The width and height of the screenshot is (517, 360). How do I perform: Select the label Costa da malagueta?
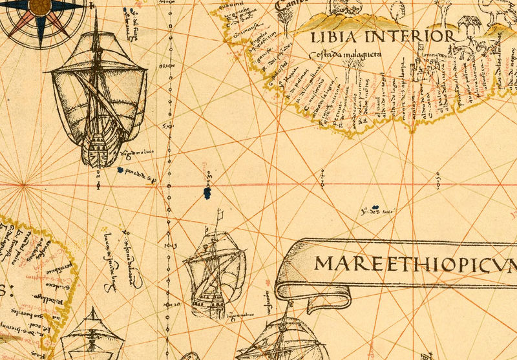point(344,56)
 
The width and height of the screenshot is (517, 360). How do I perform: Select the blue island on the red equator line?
point(207,191)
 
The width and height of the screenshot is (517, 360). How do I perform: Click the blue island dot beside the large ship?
point(121,171)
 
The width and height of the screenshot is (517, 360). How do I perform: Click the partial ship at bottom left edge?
point(88,339)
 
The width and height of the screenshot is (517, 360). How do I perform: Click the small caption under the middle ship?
point(238,315)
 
